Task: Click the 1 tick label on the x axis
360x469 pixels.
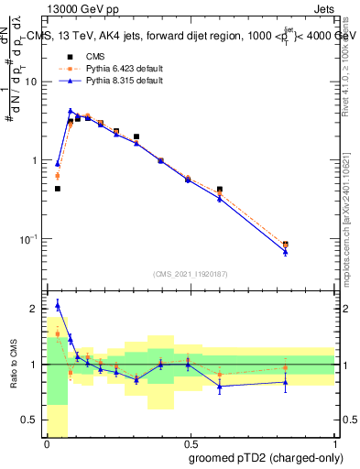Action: click(333, 443)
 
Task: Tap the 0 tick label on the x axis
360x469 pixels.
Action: click(48, 443)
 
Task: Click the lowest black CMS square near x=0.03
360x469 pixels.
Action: click(58, 189)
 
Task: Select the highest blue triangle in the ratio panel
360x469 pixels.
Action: click(58, 305)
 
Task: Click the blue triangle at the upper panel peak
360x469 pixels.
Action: click(71, 111)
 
